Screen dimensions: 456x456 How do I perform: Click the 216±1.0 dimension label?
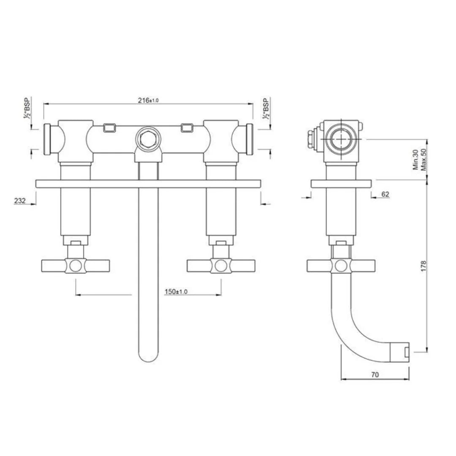click(148, 100)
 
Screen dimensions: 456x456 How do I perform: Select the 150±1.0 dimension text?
click(176, 292)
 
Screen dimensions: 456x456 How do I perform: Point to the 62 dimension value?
click(385, 194)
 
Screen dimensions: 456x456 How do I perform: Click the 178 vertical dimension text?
click(423, 266)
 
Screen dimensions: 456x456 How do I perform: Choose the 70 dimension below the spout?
click(375, 374)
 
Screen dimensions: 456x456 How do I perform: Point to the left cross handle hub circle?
click(76, 266)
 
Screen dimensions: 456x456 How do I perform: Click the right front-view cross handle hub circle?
click(221, 266)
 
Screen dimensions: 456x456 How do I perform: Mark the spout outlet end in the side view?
click(404, 352)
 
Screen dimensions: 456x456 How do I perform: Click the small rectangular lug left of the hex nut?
click(110, 127)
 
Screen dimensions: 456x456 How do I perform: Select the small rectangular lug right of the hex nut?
click(187, 127)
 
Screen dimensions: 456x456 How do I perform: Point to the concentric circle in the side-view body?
click(340, 139)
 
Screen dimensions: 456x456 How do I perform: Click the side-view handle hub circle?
click(340, 266)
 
